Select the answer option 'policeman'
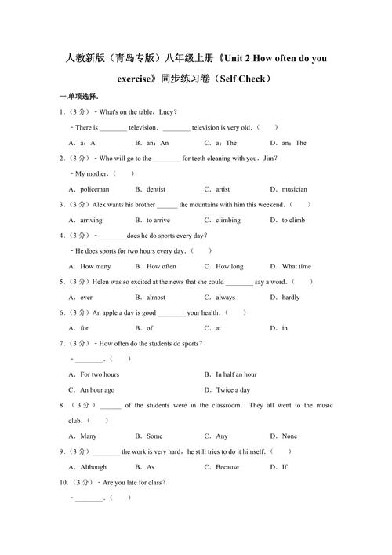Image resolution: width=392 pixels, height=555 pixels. (x=94, y=189)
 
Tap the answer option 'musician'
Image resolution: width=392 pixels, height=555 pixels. (x=294, y=189)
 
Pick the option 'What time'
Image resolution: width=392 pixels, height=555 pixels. (x=296, y=266)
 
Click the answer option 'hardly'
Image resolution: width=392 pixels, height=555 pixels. (x=290, y=298)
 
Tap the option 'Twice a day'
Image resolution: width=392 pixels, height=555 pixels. (x=233, y=389)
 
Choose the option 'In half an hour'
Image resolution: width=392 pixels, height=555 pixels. (x=236, y=374)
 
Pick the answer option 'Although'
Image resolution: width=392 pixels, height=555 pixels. (x=93, y=466)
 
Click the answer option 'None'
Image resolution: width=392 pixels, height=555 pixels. (x=289, y=436)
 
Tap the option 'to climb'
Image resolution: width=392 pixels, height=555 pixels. (x=293, y=221)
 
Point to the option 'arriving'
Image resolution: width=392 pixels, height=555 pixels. (x=91, y=221)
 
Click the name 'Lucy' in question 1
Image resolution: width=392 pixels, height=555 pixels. (x=166, y=112)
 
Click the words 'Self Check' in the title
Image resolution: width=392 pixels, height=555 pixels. (x=244, y=79)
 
